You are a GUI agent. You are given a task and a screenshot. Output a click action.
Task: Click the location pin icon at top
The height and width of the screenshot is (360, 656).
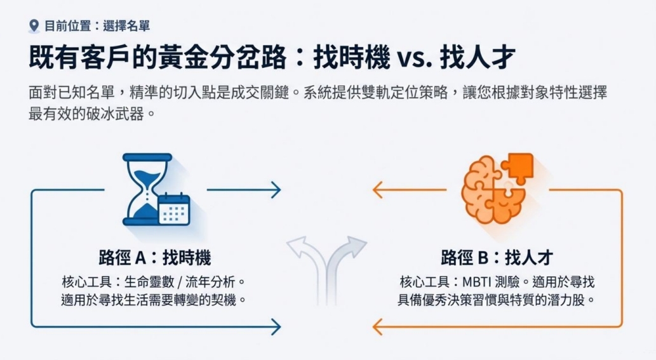pyautogui.click(x=34, y=25)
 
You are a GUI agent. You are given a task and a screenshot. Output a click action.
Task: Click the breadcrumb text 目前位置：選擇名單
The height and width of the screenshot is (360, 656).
pyautogui.click(x=97, y=26)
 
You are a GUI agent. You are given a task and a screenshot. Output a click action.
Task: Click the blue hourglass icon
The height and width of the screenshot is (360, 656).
pyautogui.click(x=147, y=189)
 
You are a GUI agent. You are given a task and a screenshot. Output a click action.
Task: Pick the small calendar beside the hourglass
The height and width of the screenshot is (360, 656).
pyautogui.click(x=173, y=210)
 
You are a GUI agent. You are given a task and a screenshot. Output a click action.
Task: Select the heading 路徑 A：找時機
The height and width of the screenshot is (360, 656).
pyautogui.click(x=155, y=258)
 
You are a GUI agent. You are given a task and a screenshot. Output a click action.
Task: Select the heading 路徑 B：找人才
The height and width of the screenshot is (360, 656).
pyautogui.click(x=497, y=258)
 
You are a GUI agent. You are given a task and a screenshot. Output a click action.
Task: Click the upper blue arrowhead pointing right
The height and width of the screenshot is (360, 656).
pyautogui.click(x=274, y=189)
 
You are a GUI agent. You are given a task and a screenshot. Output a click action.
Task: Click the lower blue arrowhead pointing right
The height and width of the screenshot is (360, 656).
pyautogui.click(x=274, y=327)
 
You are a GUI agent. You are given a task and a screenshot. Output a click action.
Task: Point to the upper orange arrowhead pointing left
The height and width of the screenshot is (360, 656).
pyautogui.click(x=378, y=189)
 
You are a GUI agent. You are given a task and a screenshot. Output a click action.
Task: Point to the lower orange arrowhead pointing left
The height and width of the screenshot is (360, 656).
pyautogui.click(x=378, y=327)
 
